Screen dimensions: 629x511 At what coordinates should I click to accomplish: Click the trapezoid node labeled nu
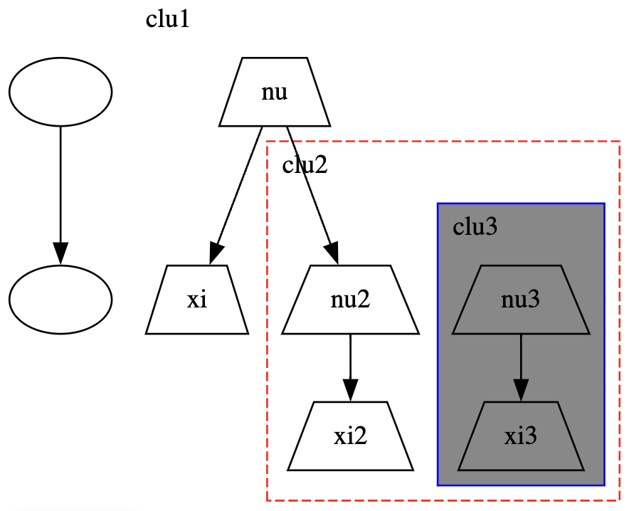point(275,92)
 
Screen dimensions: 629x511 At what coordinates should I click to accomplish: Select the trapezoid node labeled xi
point(197,299)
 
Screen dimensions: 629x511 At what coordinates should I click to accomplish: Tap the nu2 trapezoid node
point(350,299)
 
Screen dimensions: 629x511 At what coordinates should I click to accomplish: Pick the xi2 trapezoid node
point(350,436)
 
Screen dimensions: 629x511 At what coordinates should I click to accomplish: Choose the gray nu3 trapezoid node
point(521,299)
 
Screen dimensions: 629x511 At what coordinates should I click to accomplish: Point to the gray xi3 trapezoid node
point(521,436)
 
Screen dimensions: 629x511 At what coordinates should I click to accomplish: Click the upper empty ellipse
point(60,92)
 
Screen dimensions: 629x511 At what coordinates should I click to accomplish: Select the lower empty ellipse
point(60,299)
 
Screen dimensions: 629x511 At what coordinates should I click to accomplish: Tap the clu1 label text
point(167,19)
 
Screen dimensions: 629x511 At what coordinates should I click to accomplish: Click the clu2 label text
point(305,164)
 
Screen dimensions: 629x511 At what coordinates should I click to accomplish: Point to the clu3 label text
point(475,226)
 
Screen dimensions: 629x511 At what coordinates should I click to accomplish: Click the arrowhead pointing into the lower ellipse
point(60,253)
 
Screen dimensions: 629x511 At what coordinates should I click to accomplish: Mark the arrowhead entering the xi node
point(216,253)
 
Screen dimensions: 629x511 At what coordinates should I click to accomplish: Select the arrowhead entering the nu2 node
point(333,253)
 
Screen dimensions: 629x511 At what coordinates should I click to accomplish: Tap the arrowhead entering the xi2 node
point(350,390)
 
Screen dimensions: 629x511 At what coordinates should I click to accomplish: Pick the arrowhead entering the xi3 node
point(521,390)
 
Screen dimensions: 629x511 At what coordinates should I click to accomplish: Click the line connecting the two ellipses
point(60,184)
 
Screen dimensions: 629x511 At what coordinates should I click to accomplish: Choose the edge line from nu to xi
point(239,185)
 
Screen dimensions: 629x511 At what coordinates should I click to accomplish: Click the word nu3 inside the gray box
point(520,299)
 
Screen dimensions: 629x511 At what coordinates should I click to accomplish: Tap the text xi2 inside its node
point(350,436)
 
